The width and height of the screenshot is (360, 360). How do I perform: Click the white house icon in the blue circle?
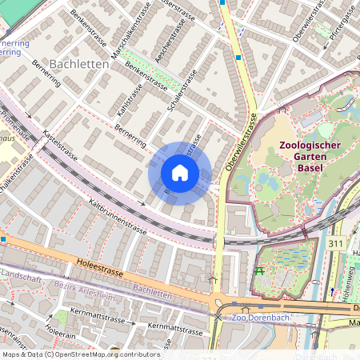(180, 173)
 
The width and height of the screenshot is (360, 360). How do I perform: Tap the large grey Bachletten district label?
(79, 63)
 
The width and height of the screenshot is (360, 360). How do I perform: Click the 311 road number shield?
(336, 242)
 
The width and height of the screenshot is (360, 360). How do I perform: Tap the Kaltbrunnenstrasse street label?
(117, 218)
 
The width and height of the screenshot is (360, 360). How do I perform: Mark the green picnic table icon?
(258, 270)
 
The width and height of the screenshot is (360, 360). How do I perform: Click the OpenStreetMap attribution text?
(81, 354)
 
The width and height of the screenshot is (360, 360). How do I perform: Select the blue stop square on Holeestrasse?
(3, 238)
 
